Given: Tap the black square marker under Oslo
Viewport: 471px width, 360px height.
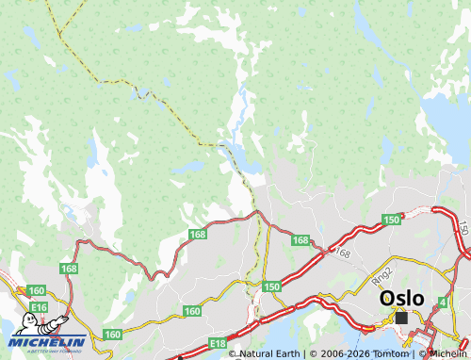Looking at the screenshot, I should coord(402,318).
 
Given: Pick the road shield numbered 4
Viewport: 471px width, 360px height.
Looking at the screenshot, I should coord(443,302).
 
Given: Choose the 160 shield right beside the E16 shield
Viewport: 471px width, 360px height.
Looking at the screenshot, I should coord(37,290).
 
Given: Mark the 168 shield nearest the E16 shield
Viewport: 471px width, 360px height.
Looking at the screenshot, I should coord(69,270).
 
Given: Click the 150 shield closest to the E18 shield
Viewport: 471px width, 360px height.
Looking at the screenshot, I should coord(272,286).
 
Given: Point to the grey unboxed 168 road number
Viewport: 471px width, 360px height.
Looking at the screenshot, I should coord(341,253).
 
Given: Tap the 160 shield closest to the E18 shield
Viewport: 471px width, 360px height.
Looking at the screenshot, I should coord(192,311).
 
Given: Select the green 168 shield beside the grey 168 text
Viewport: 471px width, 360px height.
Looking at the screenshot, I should coord(300,240).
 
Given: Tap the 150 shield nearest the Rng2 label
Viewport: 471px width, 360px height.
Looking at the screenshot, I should coord(391,220).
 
